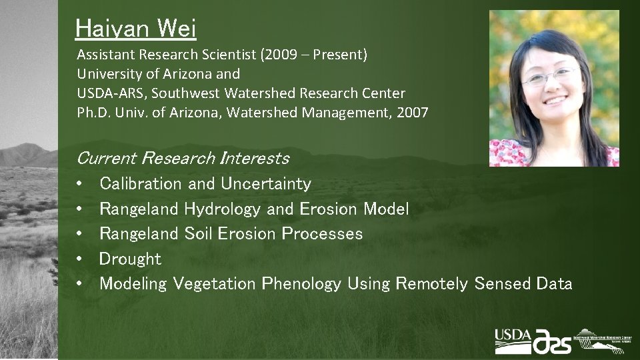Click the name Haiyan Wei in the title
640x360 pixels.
coord(135,29)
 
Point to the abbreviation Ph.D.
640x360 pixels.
coord(92,111)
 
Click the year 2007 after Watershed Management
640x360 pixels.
coord(413,111)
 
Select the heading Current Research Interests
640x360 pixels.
coord(183,158)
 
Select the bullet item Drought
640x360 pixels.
coord(130,259)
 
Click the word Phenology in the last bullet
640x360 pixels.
coord(301,284)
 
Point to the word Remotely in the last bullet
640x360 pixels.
coord(431,284)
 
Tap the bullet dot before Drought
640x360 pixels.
coord(79,259)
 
